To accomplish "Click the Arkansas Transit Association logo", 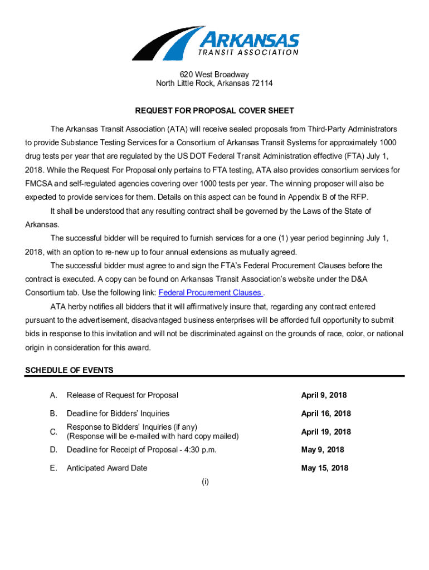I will [215, 42].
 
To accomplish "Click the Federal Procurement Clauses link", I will [210, 293].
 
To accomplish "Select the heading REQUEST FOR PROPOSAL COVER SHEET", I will [214, 111].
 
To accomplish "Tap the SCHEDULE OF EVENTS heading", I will [70, 370].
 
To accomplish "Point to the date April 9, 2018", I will [324, 395].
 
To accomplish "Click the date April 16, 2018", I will [326, 414].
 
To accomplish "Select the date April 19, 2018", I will [326, 432].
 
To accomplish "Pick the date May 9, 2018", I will [323, 450].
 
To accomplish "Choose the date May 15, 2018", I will [325, 468].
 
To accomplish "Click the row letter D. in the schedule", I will [53, 450].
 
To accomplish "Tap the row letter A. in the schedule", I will [53, 395].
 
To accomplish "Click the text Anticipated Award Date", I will [107, 468].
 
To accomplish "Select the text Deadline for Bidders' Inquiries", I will [118, 414].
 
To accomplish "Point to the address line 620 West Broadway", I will [214, 75].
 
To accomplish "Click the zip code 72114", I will [261, 83].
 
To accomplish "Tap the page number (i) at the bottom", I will [206, 482].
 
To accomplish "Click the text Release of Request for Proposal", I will [123, 395].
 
